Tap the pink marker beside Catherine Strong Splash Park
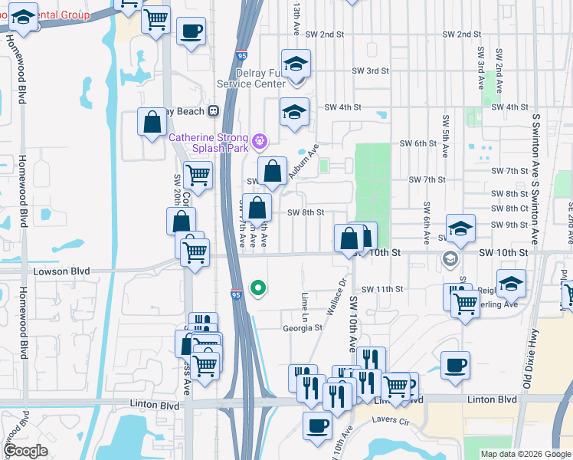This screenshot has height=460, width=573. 260,140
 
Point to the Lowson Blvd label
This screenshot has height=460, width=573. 62,271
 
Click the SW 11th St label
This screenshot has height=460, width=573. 382,289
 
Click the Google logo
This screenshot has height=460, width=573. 26,451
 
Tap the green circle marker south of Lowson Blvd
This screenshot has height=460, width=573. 259,288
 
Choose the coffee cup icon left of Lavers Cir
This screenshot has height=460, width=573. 317,425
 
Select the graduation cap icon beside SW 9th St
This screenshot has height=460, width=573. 460,228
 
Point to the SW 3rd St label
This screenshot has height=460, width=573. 371,71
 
